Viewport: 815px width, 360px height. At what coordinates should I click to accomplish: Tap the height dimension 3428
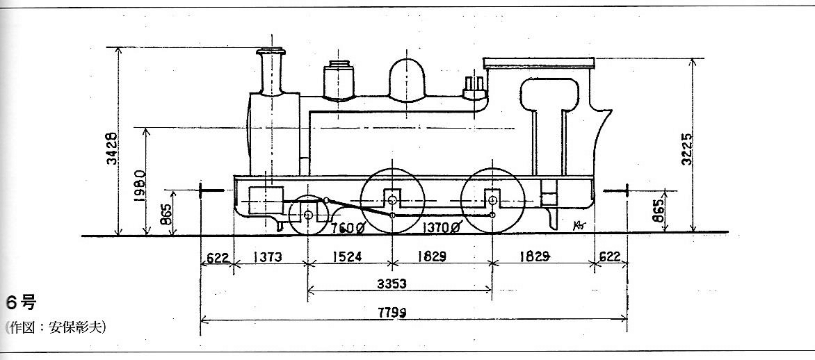112,149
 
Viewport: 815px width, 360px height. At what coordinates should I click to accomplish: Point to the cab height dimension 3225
686,149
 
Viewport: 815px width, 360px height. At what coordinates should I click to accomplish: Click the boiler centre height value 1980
139,186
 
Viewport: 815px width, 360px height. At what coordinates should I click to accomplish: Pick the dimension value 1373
267,256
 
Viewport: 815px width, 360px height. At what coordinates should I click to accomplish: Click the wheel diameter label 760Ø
348,227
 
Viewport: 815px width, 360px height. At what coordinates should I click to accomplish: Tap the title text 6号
19,302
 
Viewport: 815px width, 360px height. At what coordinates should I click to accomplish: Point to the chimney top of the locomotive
271,51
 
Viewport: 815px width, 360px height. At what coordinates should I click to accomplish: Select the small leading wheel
309,215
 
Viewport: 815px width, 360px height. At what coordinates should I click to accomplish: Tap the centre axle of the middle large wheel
392,200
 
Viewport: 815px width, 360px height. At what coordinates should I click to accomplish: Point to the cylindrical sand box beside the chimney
339,81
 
